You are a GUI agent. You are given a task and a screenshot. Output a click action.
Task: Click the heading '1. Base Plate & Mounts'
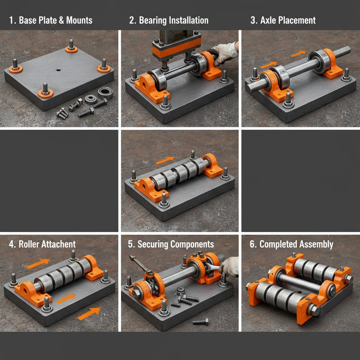click(51, 20)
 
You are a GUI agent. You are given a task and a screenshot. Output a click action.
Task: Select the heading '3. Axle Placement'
click(283, 20)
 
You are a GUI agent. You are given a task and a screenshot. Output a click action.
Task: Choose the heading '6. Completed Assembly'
click(291, 244)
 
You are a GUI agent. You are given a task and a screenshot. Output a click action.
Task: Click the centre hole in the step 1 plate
click(58, 70)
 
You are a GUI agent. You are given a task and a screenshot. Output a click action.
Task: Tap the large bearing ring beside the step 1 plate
click(105, 93)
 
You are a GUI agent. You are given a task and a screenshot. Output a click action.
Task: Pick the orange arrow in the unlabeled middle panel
click(165, 160)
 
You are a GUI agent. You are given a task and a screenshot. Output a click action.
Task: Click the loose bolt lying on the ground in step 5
click(201, 321)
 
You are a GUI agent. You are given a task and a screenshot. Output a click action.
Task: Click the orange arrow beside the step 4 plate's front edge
click(89, 313)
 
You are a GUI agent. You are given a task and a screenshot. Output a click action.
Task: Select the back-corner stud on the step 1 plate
click(71, 46)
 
